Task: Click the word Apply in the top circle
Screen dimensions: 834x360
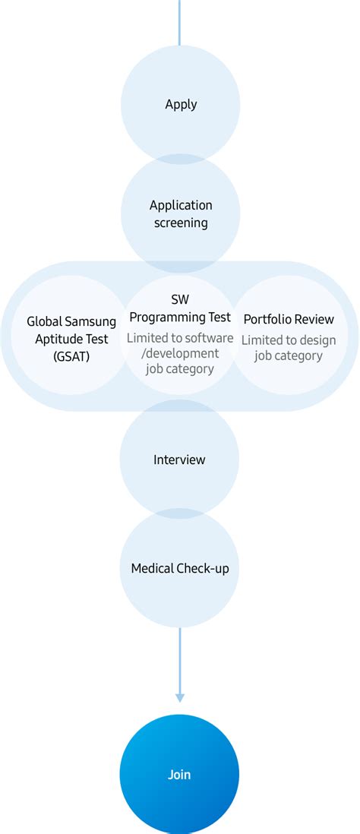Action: [180, 104]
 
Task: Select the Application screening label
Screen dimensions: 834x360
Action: [181, 213]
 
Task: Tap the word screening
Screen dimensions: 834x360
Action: [181, 223]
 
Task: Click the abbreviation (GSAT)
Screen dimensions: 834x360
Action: [71, 355]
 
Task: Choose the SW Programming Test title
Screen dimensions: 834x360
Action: [181, 309]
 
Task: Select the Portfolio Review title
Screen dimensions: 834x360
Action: [289, 319]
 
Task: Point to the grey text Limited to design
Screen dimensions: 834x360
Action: [288, 340]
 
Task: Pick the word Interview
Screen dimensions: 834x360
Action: [179, 460]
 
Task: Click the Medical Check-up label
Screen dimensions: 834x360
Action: [179, 568]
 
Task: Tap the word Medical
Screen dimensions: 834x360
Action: [153, 568]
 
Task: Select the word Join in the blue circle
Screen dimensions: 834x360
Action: [179, 775]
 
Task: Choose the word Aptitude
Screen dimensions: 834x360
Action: [60, 339]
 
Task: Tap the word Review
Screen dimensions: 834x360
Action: [314, 319]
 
